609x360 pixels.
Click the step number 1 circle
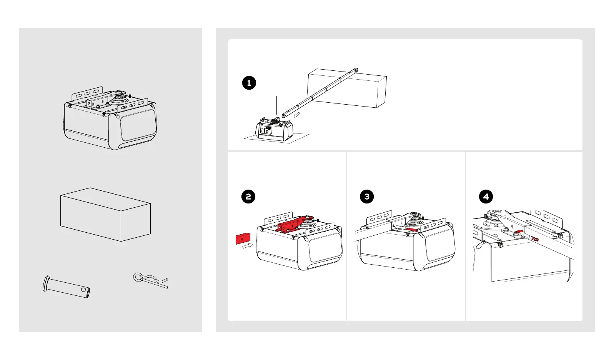point(249,83)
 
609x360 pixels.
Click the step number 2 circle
point(248,197)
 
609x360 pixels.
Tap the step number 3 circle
point(367,197)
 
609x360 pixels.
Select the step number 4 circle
point(486,197)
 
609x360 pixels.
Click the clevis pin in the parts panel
point(67,287)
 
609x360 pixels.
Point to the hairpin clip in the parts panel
point(150,280)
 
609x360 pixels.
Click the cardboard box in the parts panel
point(105,215)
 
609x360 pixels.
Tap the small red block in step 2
point(243,238)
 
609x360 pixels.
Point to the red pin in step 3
point(412,230)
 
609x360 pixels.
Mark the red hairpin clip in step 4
point(534,239)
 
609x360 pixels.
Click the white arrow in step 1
point(296,115)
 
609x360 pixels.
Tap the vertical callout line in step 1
point(276,105)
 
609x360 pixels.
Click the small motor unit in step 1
point(274,130)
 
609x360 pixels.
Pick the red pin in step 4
point(519,233)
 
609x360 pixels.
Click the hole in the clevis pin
point(83,288)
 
